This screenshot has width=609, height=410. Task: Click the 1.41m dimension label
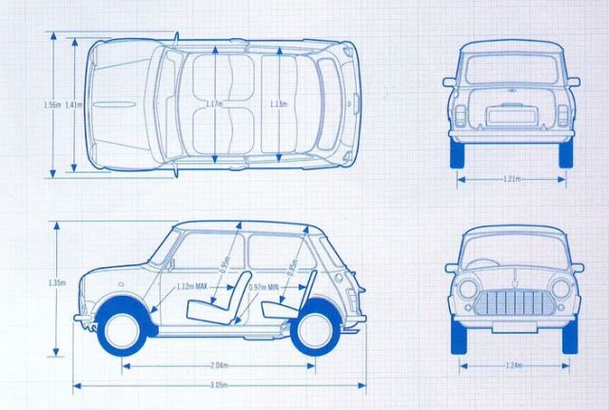click(x=71, y=104)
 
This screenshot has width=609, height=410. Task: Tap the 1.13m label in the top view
click(x=278, y=103)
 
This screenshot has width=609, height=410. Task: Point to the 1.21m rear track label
click(x=512, y=178)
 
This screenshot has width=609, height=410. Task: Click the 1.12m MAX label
click(x=193, y=284)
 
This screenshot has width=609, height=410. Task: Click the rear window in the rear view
click(x=512, y=68)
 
